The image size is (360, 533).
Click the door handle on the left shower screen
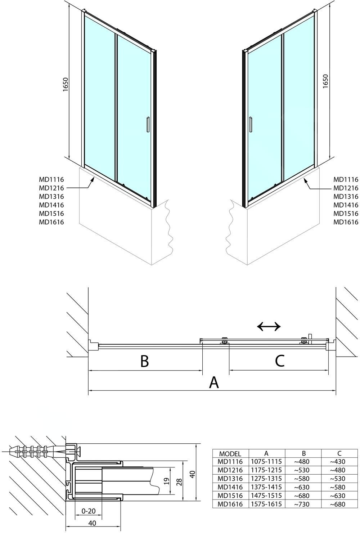[x=148, y=124]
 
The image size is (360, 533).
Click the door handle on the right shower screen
[x=250, y=124]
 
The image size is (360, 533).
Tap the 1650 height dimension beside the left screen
[x=66, y=84]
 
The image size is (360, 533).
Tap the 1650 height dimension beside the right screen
[x=325, y=81]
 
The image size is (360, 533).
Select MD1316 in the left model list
[x=51, y=196]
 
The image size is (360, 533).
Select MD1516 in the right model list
[x=346, y=213]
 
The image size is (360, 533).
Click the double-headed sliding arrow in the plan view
[x=269, y=326]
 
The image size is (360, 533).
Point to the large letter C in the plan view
[x=280, y=361]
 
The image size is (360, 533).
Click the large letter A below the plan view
[x=214, y=382]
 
